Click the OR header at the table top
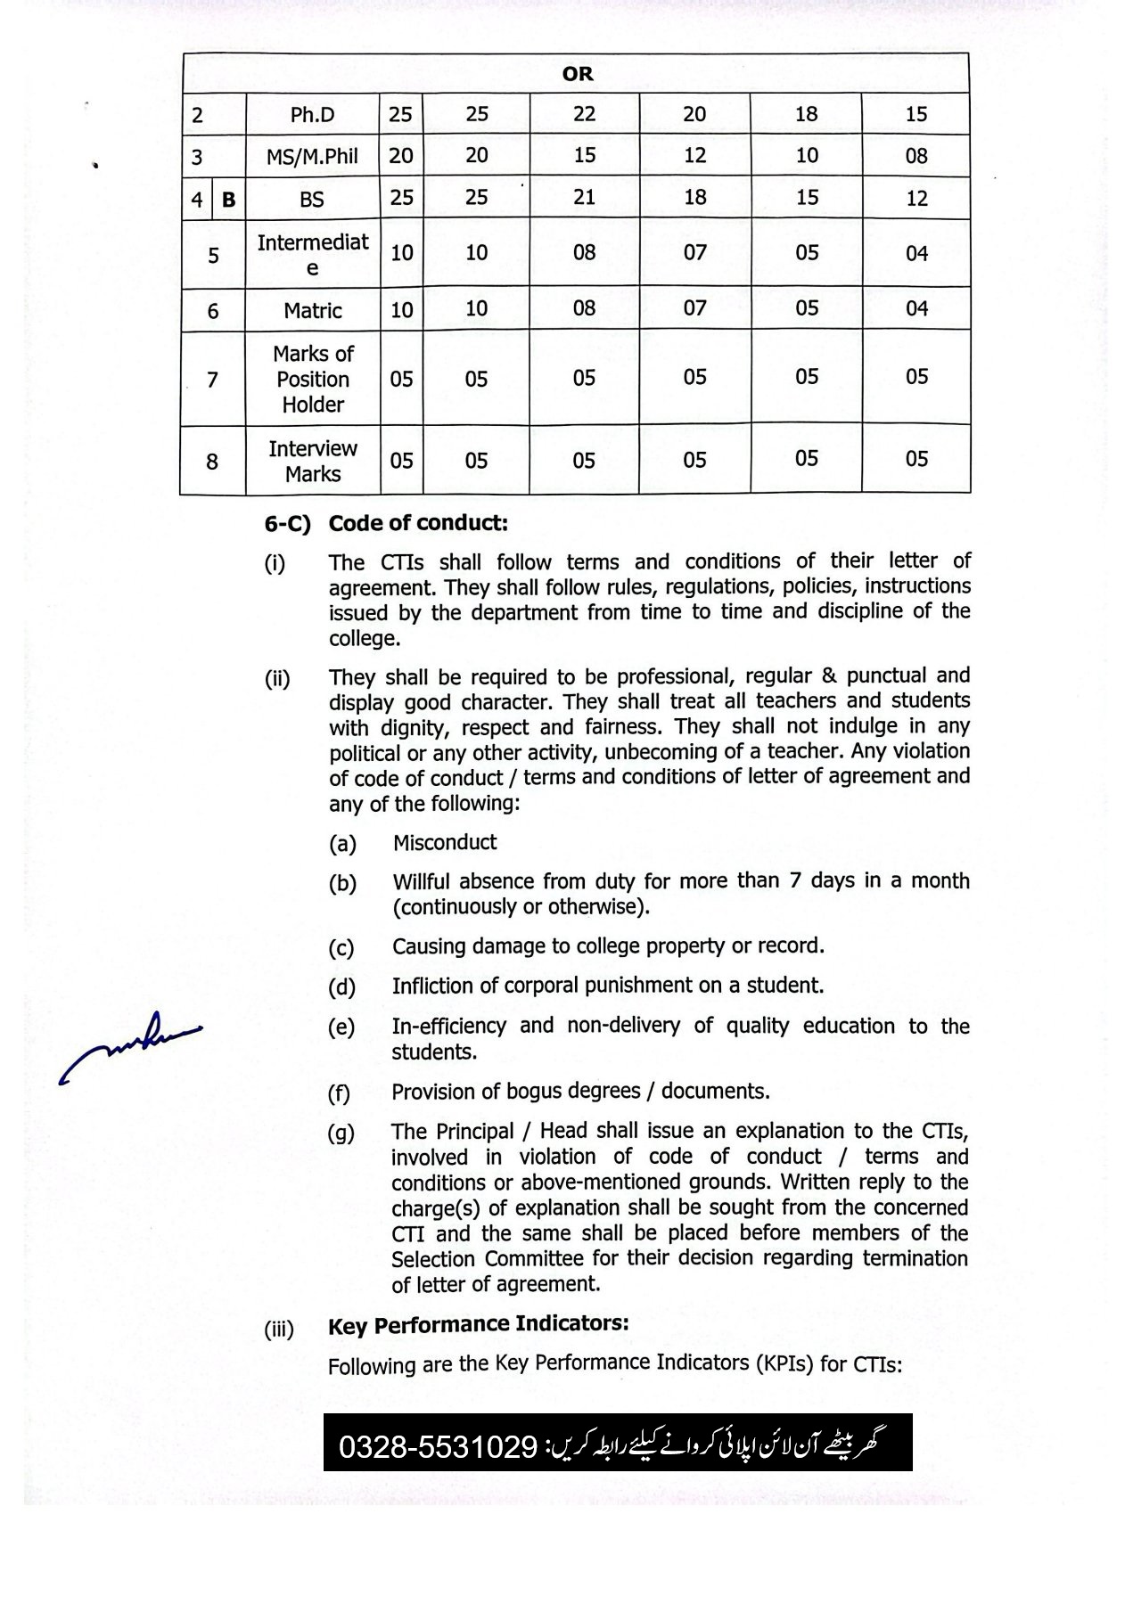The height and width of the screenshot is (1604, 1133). tap(577, 74)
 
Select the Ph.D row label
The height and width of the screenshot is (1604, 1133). tap(312, 115)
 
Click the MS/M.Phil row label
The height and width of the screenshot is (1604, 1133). tap(312, 157)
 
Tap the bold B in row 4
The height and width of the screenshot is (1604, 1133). tap(228, 200)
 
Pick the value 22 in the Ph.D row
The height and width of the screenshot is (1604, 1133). tap(584, 114)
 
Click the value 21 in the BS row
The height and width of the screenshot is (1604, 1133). tap(584, 198)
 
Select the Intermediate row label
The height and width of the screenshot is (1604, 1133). tap(312, 254)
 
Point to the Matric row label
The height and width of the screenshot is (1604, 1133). tap(312, 311)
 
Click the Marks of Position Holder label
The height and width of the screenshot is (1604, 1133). tap(312, 379)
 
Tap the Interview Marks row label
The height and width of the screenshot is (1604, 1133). tap(312, 461)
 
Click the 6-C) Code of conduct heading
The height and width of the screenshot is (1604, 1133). tap(386, 523)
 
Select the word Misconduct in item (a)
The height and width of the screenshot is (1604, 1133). tap(445, 843)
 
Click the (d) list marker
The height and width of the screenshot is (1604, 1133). tap(341, 987)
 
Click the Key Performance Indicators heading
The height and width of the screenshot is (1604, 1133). tap(478, 1325)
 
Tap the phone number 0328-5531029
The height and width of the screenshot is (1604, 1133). tap(437, 1446)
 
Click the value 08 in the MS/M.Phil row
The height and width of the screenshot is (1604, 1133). tap(916, 157)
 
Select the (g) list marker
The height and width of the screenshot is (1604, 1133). tap(341, 1133)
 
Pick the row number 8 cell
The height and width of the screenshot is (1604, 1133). tap(212, 462)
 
